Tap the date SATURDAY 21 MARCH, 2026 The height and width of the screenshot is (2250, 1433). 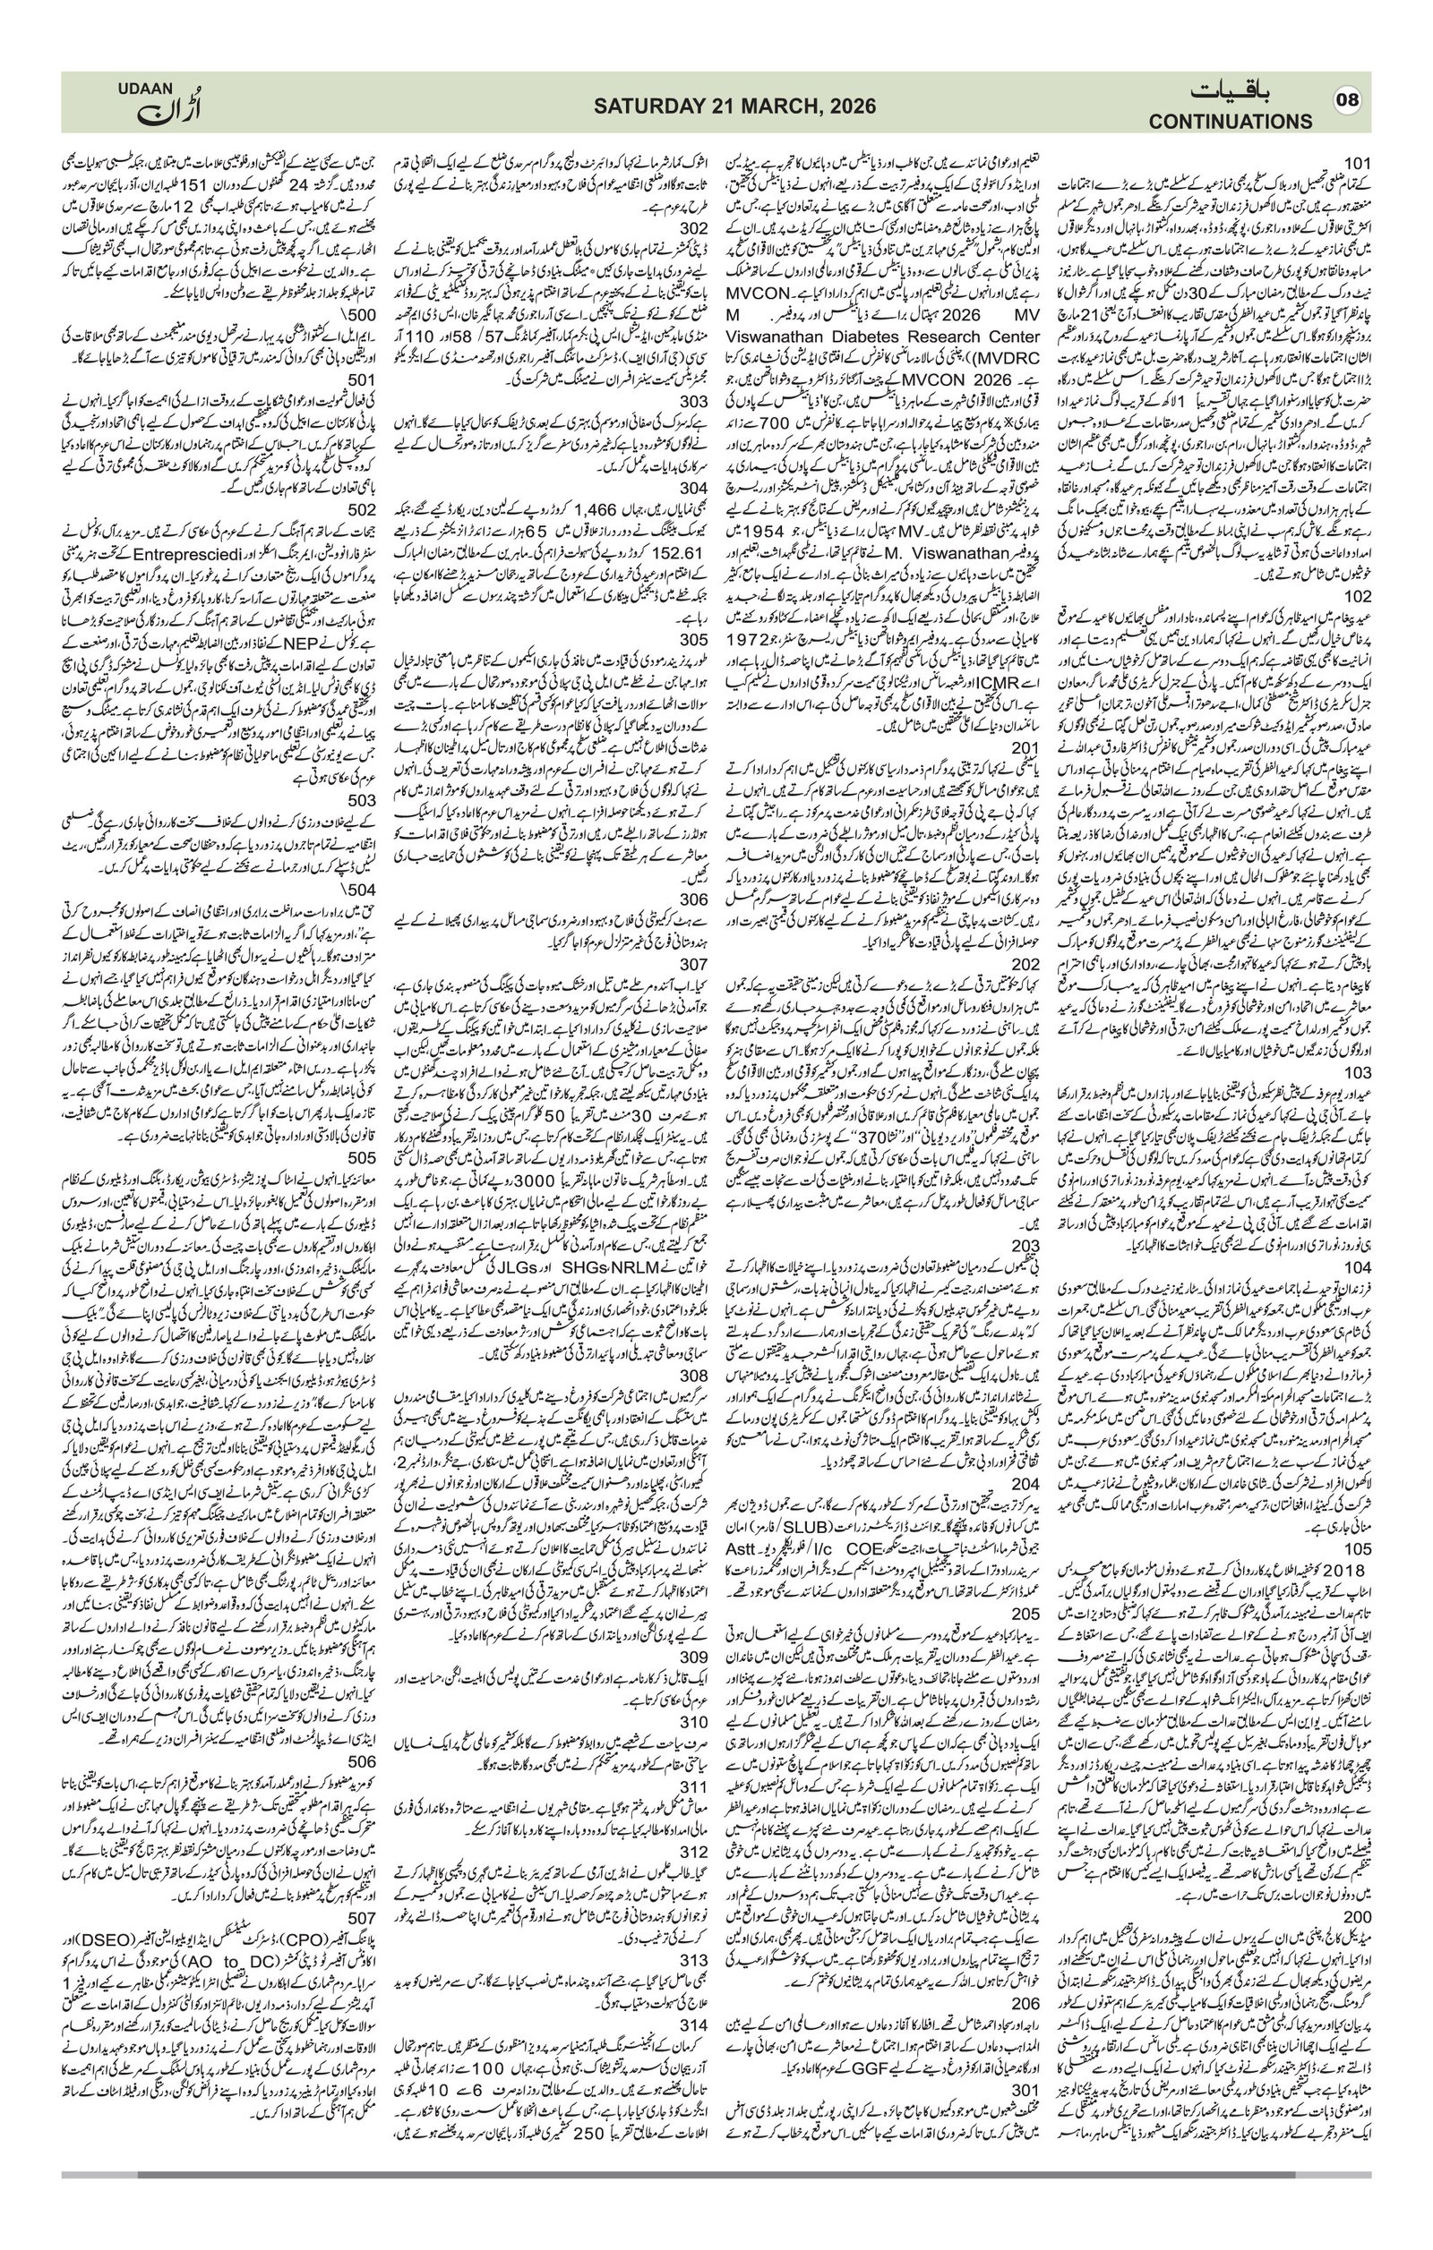coord(735,107)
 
